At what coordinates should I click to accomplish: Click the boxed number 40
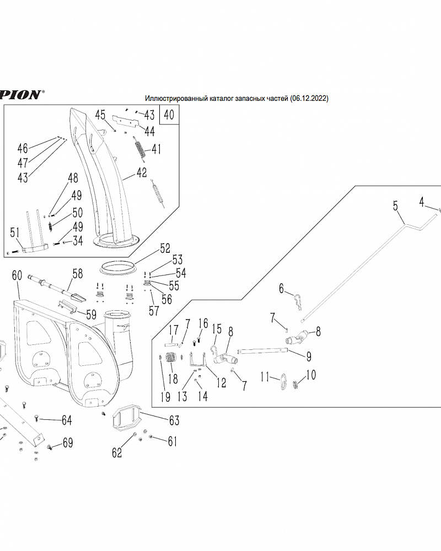tap(169, 116)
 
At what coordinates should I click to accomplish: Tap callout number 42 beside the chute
tap(142, 172)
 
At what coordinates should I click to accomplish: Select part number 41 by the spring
tap(157, 149)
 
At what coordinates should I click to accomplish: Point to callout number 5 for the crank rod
tap(395, 206)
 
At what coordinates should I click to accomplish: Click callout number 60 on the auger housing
tap(17, 275)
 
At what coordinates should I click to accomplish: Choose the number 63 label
tap(174, 421)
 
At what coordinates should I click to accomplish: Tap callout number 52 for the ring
tap(165, 248)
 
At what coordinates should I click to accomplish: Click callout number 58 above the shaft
tap(77, 273)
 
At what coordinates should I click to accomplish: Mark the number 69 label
tap(68, 442)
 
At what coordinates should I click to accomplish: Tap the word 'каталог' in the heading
tap(221, 99)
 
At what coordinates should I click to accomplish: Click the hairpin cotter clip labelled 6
tap(298, 301)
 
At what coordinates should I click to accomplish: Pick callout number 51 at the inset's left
tap(15, 233)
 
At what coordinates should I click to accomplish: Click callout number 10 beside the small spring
tap(311, 375)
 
